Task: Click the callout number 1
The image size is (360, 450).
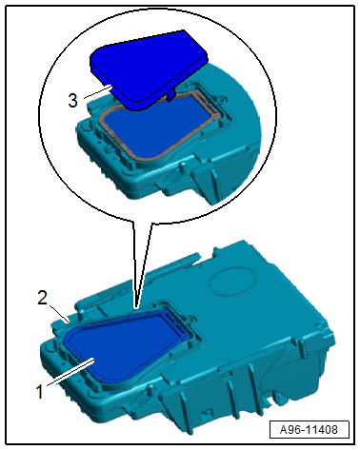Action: coord(39,391)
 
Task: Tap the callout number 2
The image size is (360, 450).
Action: coord(42,298)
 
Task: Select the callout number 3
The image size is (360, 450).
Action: coord(72,100)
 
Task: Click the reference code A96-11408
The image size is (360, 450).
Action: coord(309,430)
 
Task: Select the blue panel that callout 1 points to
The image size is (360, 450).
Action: coord(124,345)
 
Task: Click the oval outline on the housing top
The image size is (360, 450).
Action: coord(233,284)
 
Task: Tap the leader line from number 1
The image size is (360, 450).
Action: coord(70,372)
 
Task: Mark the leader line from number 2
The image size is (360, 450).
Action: coord(60,313)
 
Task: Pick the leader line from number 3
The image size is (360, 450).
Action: coord(98,91)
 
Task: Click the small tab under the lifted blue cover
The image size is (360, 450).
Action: coord(170,95)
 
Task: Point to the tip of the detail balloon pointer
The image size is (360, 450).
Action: coord(136,307)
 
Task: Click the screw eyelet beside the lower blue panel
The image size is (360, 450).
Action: coord(191,318)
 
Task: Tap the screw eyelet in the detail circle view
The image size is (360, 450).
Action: coord(221,100)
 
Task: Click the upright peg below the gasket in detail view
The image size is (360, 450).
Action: coord(183,166)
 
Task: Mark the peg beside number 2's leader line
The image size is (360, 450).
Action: coord(83,314)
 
